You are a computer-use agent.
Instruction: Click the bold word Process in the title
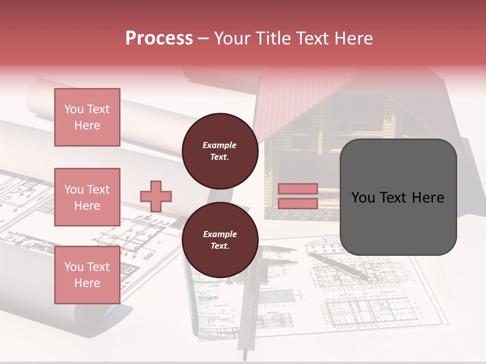click(x=159, y=38)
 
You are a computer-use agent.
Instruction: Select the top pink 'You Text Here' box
click(x=87, y=117)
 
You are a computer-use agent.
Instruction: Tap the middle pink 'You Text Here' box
click(x=87, y=197)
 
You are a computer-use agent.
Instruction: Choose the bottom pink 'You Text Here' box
click(x=87, y=275)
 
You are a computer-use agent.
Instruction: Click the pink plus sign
click(x=156, y=196)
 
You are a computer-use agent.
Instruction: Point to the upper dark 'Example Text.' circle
click(x=220, y=151)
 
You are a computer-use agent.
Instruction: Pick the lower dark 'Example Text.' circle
click(x=220, y=240)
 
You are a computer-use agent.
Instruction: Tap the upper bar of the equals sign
click(x=298, y=189)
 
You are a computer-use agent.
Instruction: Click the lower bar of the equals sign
click(x=298, y=203)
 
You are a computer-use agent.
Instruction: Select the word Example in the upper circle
click(x=220, y=146)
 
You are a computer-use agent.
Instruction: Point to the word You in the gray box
click(x=363, y=198)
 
